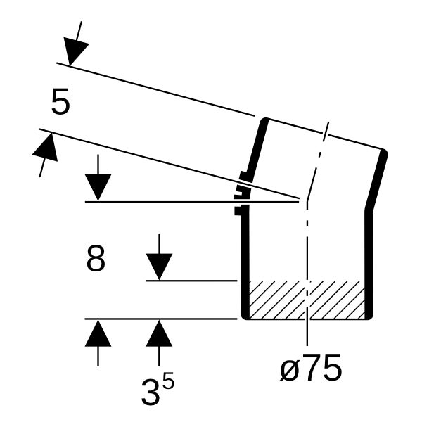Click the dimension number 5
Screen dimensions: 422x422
click(60, 101)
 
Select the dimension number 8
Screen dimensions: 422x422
click(96, 258)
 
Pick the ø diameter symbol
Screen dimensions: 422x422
click(289, 371)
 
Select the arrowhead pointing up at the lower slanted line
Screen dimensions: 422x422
click(46, 147)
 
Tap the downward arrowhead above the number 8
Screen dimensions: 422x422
click(98, 187)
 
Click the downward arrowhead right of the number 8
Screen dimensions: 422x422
click(159, 267)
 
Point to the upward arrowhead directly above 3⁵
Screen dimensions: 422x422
click(159, 333)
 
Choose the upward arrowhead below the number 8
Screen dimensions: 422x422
click(98, 333)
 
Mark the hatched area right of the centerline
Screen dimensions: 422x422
click(338, 300)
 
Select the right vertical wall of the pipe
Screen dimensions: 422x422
click(369, 264)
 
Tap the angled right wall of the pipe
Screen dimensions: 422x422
click(376, 179)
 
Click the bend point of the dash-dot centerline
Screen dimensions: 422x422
click(307, 200)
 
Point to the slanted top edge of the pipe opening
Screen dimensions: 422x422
click(326, 134)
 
